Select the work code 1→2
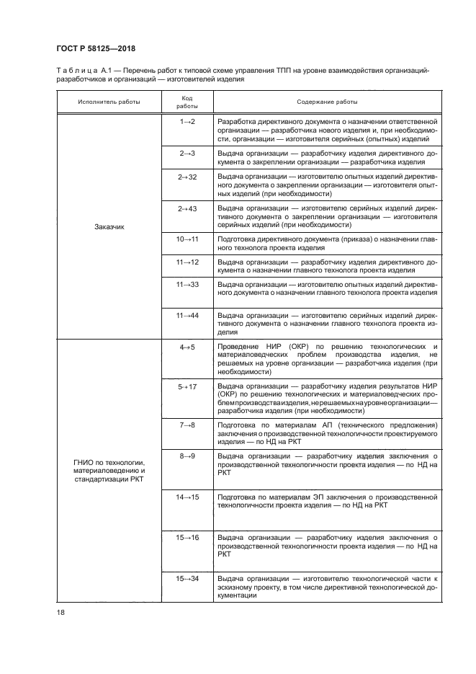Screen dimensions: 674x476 [x=187, y=121]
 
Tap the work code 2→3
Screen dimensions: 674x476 [x=187, y=153]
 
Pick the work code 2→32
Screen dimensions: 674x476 [x=187, y=177]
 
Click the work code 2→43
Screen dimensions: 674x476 [x=187, y=208]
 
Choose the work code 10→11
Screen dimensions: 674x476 [x=187, y=239]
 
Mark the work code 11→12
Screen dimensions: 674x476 [x=187, y=262]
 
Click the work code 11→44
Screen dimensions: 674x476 [x=187, y=316]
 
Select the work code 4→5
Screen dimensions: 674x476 [x=187, y=347]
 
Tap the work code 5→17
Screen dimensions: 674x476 [x=187, y=386]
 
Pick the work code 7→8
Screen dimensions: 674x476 [x=187, y=425]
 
